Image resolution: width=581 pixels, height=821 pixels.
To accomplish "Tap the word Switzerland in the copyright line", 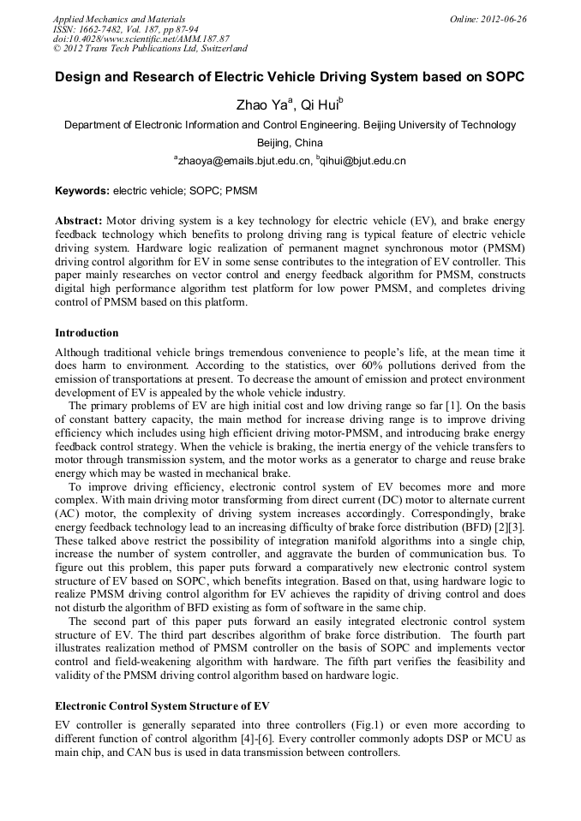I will click(x=218, y=49).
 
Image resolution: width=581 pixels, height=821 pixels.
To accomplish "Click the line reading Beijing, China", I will click(x=290, y=143).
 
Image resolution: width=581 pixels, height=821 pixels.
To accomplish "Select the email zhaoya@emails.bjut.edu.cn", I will click(x=241, y=161).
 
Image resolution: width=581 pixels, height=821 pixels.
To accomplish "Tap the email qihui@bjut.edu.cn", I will click(x=363, y=161).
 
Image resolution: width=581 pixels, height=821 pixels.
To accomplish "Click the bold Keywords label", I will click(x=82, y=190).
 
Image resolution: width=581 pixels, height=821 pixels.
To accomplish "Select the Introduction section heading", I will click(x=87, y=333).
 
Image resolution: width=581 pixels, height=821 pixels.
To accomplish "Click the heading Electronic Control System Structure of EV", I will click(x=162, y=706).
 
